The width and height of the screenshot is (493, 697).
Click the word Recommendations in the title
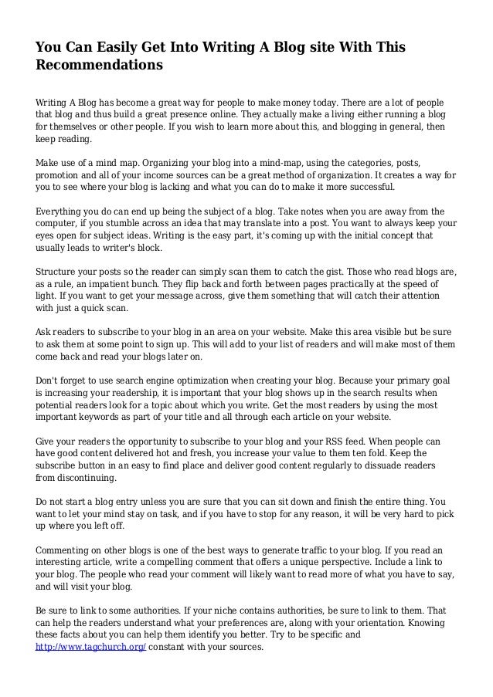click(100, 66)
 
